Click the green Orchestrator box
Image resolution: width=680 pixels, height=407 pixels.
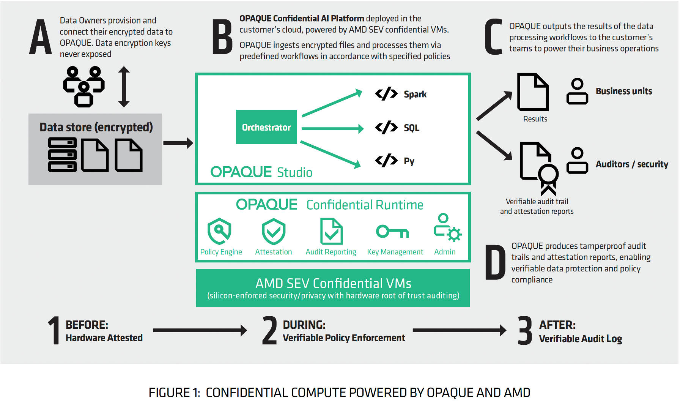(x=266, y=127)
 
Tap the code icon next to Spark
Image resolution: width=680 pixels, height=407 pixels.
(x=386, y=93)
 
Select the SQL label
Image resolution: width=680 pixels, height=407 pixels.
(x=411, y=128)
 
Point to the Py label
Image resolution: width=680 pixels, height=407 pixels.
(x=409, y=161)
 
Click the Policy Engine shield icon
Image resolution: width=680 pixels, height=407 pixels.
(x=219, y=231)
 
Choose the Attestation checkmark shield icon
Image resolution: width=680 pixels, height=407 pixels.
(x=273, y=231)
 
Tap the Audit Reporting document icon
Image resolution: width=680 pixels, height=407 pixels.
(x=331, y=231)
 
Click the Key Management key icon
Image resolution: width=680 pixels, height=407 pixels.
(x=392, y=231)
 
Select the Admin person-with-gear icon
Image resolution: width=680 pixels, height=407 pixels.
(x=447, y=228)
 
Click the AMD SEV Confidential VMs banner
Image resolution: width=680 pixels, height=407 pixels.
(x=333, y=288)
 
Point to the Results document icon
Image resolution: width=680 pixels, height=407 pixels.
(x=533, y=92)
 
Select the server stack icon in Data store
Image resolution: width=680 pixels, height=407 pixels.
(x=63, y=155)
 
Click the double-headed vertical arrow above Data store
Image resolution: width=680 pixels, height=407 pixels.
(x=124, y=87)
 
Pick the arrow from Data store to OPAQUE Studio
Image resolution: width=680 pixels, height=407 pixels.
(x=178, y=143)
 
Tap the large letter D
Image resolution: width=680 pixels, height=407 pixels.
(x=495, y=262)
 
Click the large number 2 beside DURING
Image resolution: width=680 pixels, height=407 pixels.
(x=269, y=331)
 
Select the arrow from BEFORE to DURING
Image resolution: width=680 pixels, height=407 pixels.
(x=200, y=330)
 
